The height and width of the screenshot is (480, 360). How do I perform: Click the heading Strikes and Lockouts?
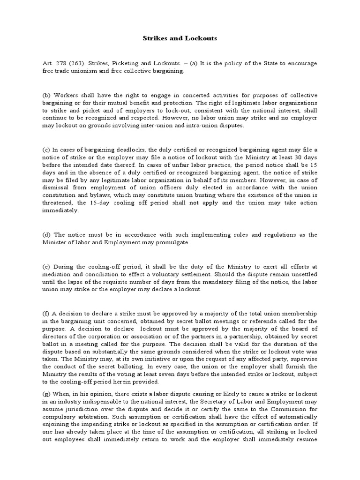(180, 38)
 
